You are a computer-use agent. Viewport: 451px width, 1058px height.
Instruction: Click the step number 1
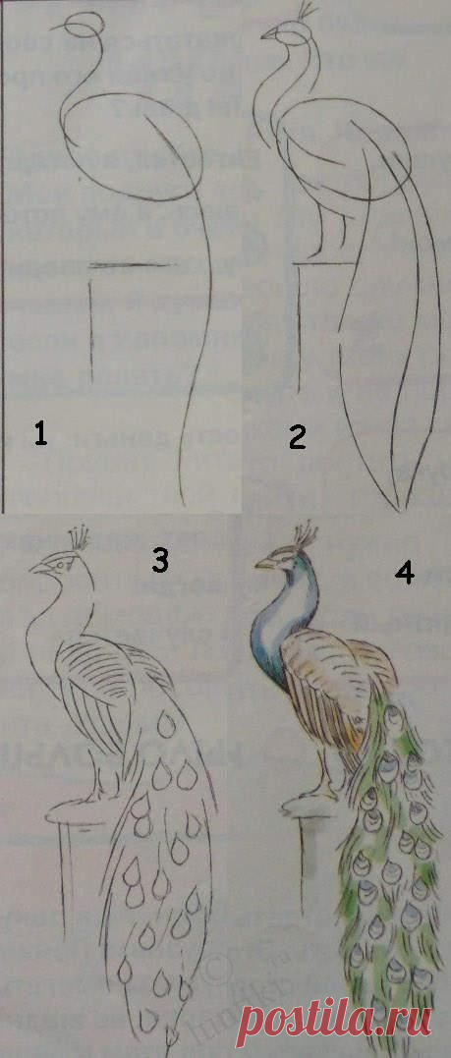pos(40,432)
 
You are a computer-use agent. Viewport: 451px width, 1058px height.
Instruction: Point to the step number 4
pos(404,573)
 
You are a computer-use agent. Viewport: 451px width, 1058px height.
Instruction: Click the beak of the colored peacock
pos(262,565)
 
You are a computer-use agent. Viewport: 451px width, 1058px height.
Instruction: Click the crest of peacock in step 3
pos(80,536)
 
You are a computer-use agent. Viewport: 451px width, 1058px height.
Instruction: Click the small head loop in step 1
pos(83,23)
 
